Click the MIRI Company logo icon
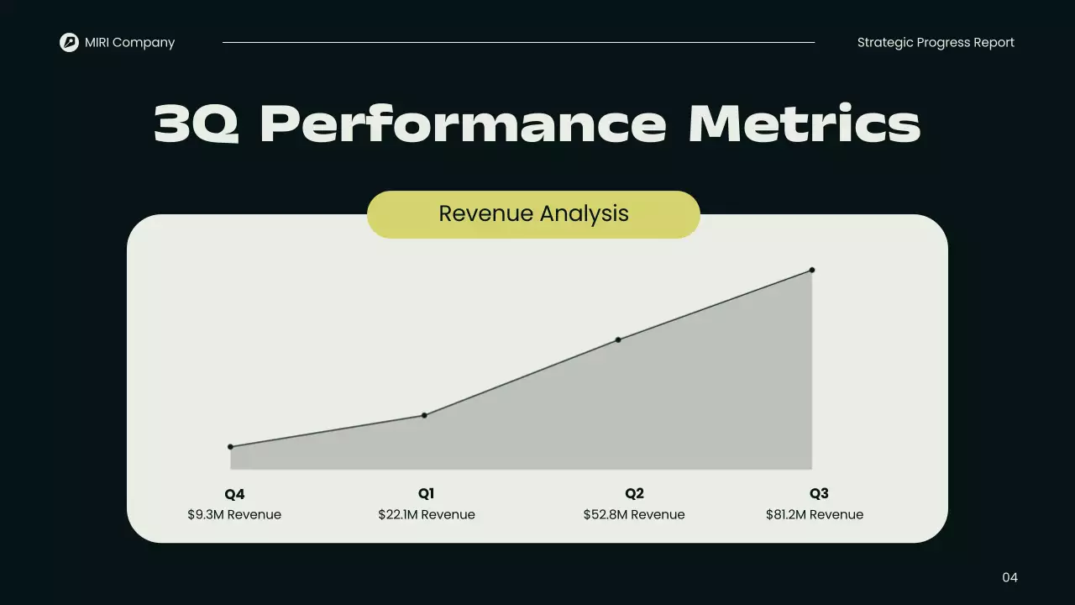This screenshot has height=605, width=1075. (69, 42)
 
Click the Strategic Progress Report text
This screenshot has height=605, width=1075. (936, 43)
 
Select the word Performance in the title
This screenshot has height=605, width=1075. (464, 124)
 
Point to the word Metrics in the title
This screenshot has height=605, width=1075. (804, 124)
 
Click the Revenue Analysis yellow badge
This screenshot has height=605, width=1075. (533, 214)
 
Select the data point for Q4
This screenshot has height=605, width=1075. (230, 447)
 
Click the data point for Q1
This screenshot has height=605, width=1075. (424, 415)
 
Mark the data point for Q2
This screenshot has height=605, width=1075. (618, 339)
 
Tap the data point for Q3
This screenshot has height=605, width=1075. (812, 270)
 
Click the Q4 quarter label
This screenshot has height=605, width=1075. (234, 494)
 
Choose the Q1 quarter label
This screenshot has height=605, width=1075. (427, 494)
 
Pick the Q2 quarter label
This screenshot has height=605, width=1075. (634, 494)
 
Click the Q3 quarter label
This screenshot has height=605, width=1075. (819, 494)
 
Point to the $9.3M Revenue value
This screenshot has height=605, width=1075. (234, 514)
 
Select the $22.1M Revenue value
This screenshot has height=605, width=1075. (427, 514)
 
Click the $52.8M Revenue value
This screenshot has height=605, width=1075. (634, 514)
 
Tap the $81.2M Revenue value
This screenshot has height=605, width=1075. (815, 514)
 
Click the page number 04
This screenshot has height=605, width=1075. (1009, 577)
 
